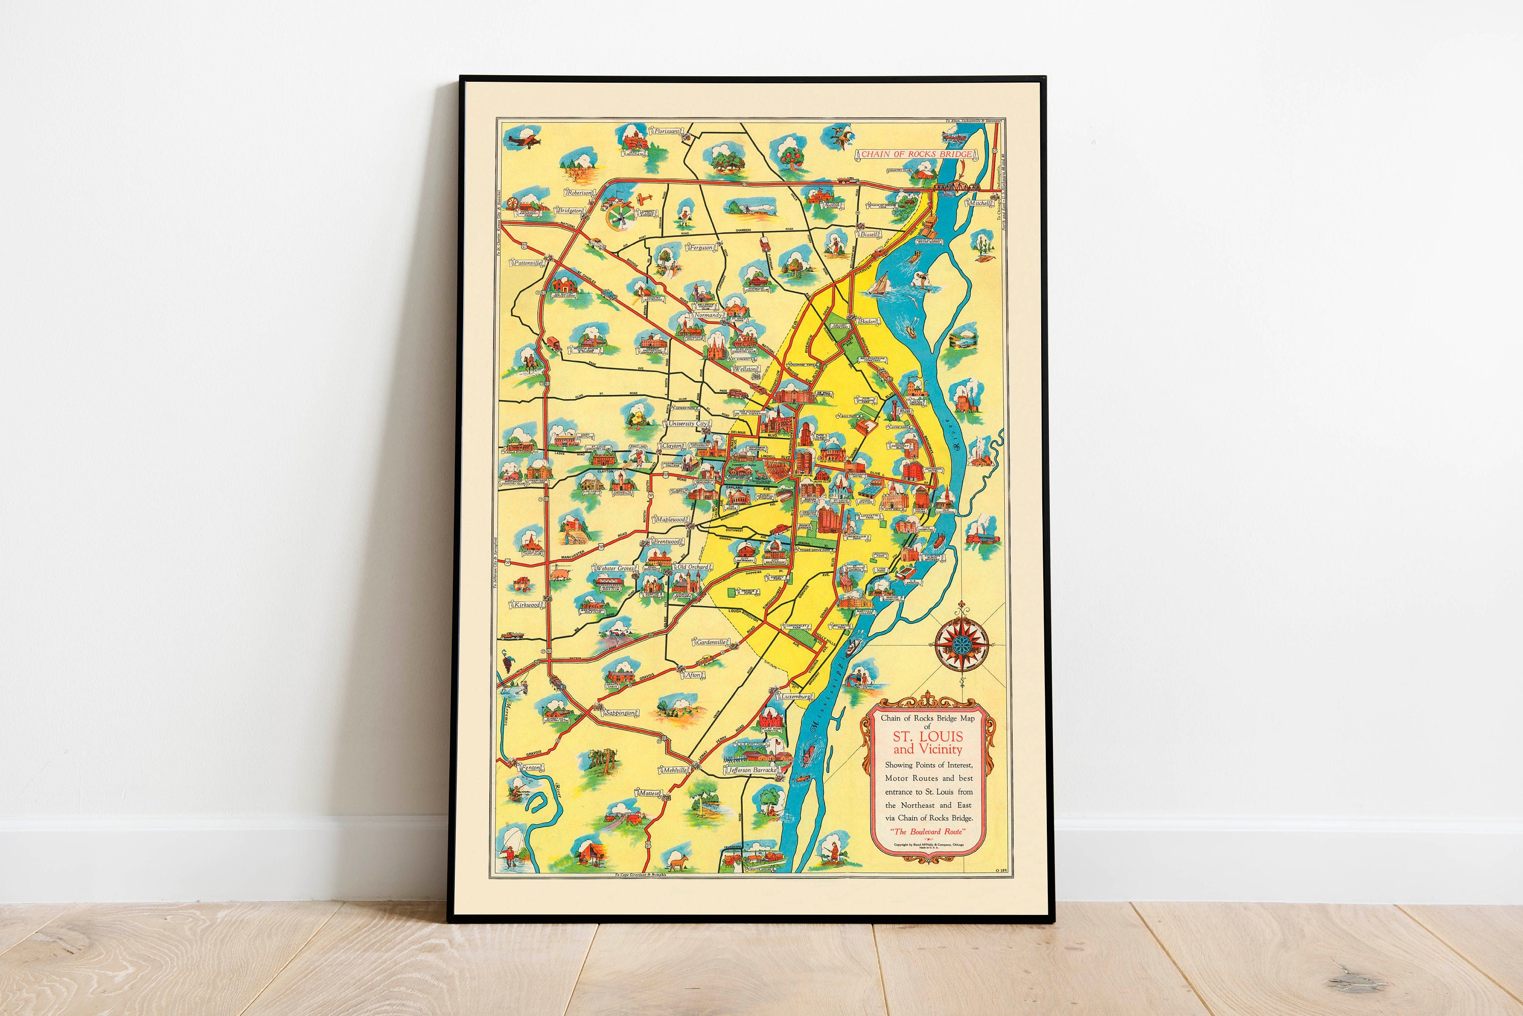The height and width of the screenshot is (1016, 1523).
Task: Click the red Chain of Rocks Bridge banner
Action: tap(916, 154)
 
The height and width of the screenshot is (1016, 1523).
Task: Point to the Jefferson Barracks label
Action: tap(752, 770)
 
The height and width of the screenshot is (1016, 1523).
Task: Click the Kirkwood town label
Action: tap(527, 604)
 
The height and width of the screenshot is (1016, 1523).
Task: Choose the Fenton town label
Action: tap(531, 767)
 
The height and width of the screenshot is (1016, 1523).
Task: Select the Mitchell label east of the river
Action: tap(979, 203)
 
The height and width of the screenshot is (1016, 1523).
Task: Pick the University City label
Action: tap(687, 423)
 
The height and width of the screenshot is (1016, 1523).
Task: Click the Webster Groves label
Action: tap(614, 568)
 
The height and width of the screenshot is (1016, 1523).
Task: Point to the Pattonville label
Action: tap(527, 263)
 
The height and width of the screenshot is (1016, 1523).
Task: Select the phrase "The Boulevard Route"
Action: tap(928, 831)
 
